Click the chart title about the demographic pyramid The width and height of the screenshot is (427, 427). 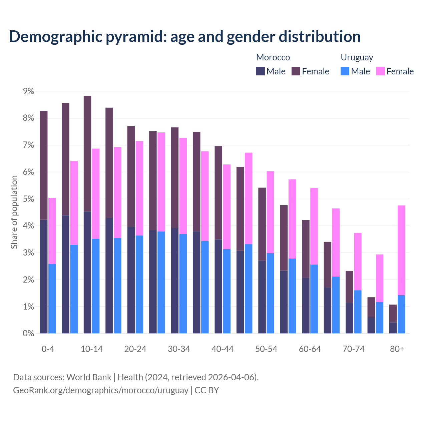coord(184,36)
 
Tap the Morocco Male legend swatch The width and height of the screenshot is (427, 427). coord(261,71)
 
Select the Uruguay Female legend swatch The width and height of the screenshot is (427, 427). coord(380,71)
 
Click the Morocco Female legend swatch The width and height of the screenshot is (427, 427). coord(296,71)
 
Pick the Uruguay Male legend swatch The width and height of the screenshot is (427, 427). coord(345,71)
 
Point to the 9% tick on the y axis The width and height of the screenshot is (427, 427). coord(28,91)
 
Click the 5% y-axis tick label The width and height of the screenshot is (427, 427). coord(28,199)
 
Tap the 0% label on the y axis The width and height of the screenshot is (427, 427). coord(28,333)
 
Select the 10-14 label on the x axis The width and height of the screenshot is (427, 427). coord(92,349)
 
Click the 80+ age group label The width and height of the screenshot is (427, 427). coord(397,349)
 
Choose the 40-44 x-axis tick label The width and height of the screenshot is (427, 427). coord(223,349)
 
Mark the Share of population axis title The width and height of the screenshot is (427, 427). coord(14,212)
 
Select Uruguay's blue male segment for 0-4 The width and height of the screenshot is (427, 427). coord(52,299)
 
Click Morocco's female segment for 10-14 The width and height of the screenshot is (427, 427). coord(87,153)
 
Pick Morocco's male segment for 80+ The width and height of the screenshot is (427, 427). coord(393,328)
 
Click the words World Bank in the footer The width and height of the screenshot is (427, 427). coord(89,377)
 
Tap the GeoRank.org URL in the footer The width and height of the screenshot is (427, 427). coord(100,390)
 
